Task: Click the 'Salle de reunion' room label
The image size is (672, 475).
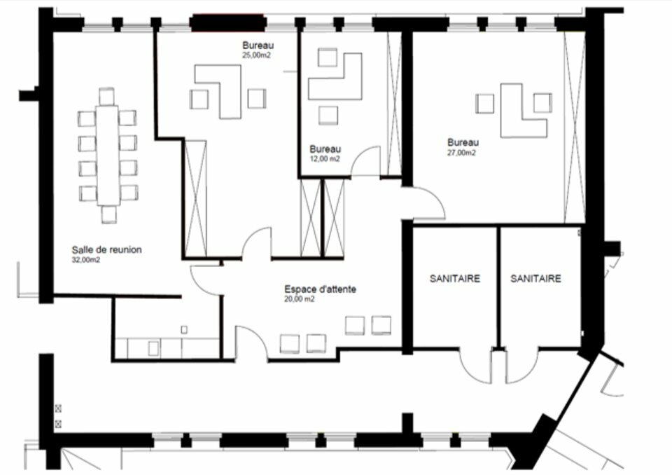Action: point(106,249)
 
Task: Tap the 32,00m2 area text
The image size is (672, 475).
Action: point(85,260)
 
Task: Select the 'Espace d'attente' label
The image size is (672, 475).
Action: point(320,289)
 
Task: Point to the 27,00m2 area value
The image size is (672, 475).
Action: point(461,153)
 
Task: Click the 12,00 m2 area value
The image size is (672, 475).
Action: point(325,159)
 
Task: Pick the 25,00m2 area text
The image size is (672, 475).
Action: point(256,55)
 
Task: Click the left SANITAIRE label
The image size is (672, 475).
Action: point(455,279)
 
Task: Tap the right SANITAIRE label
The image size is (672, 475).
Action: point(535,279)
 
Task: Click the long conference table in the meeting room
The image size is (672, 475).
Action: point(107,156)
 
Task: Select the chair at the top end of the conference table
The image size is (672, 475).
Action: point(106,97)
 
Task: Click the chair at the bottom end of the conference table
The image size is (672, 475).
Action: point(109,214)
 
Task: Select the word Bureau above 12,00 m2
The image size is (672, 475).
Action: point(325,149)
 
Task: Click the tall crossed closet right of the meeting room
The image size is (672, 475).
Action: point(196,199)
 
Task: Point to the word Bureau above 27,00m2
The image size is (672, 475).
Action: point(463,142)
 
